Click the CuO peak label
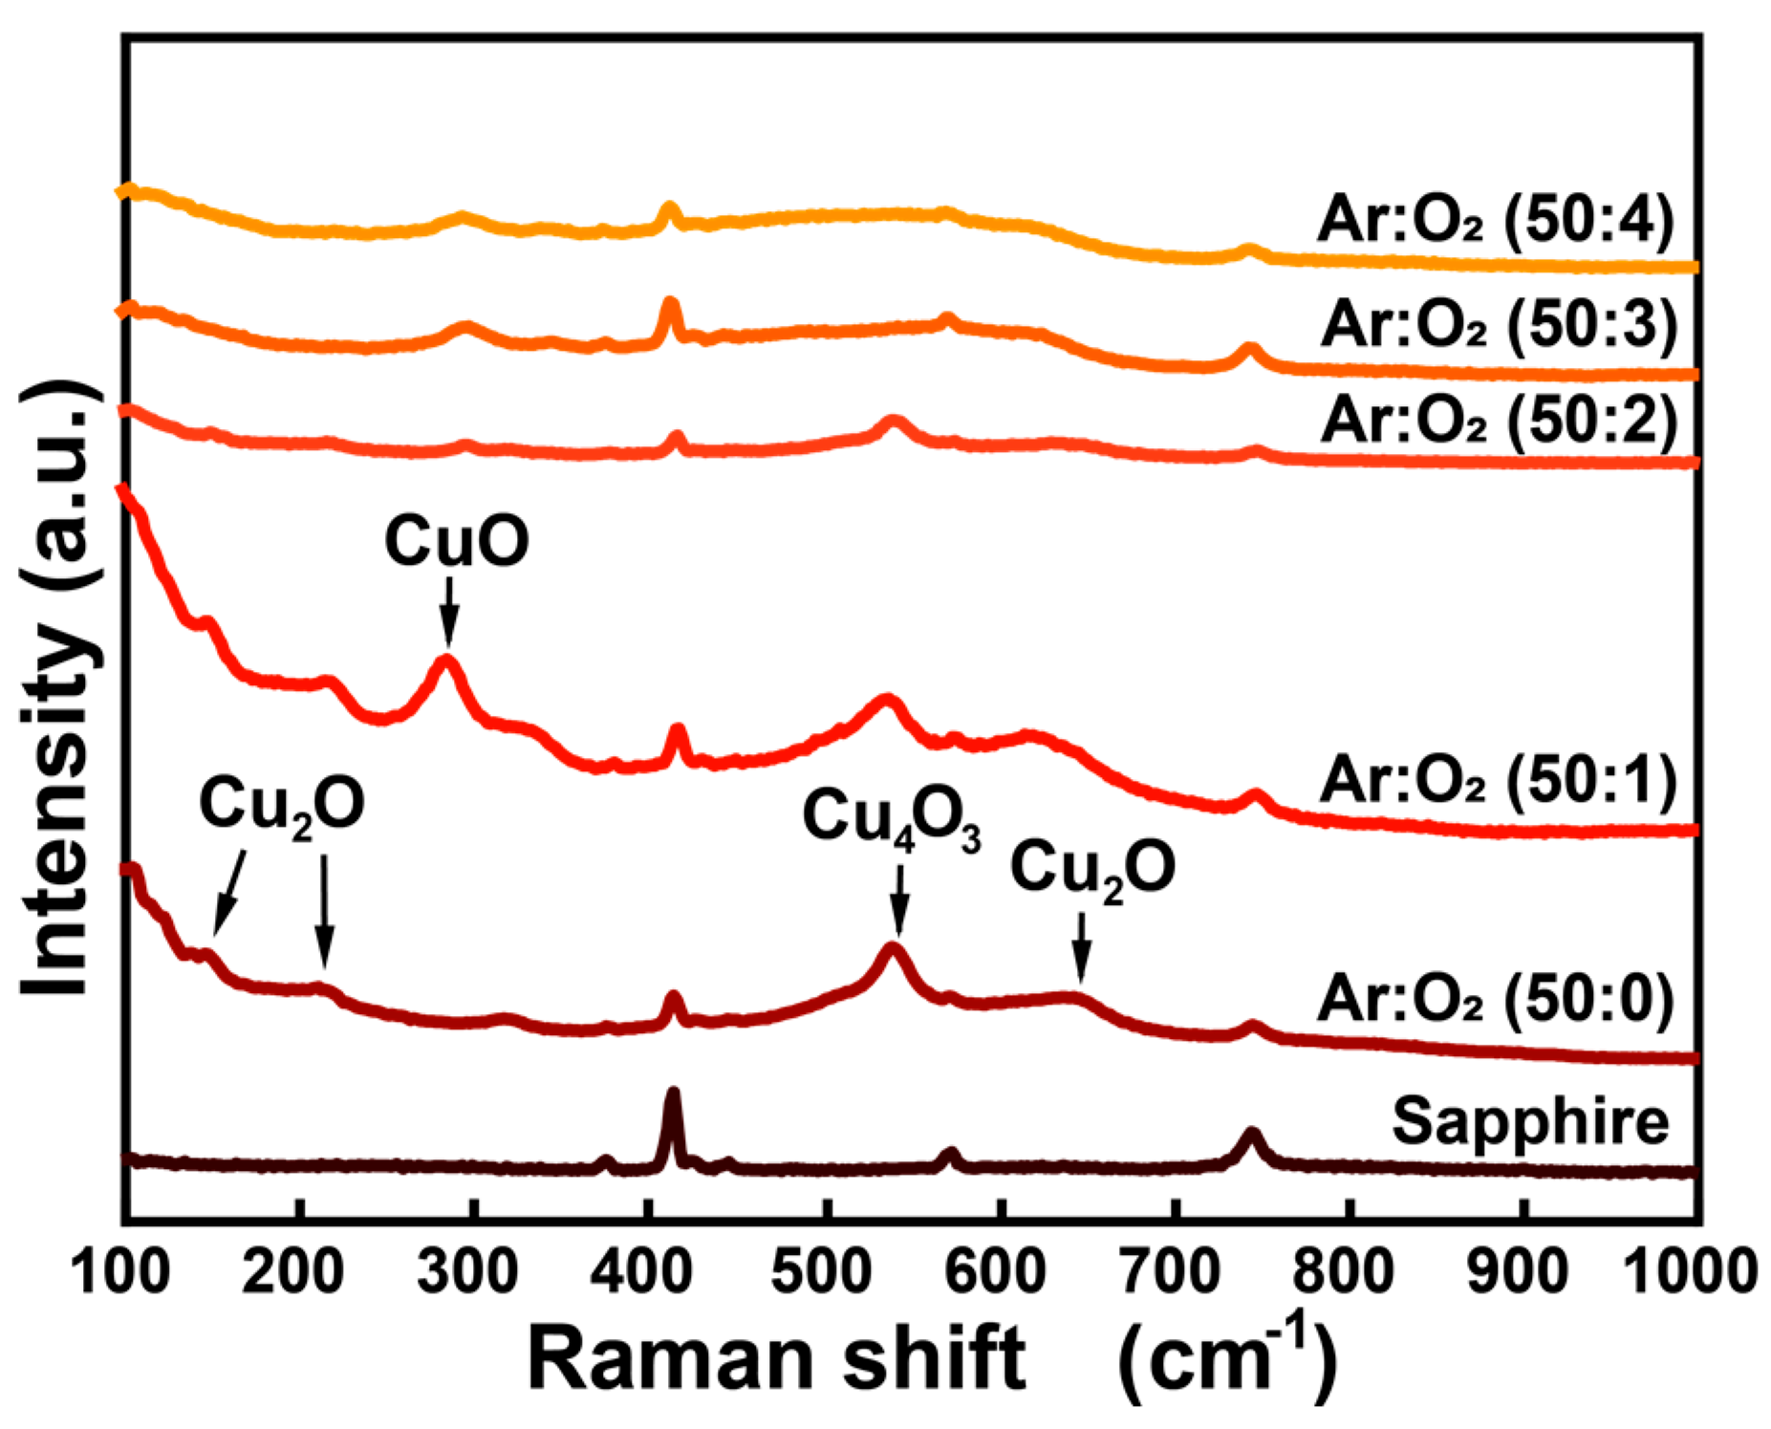(457, 541)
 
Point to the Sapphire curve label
(1529, 1120)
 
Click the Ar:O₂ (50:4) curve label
(1496, 220)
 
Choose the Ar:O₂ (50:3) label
(1499, 324)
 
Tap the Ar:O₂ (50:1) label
(1499, 779)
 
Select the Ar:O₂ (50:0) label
(1496, 999)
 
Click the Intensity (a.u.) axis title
(59, 688)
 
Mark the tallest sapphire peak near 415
(673, 1094)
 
